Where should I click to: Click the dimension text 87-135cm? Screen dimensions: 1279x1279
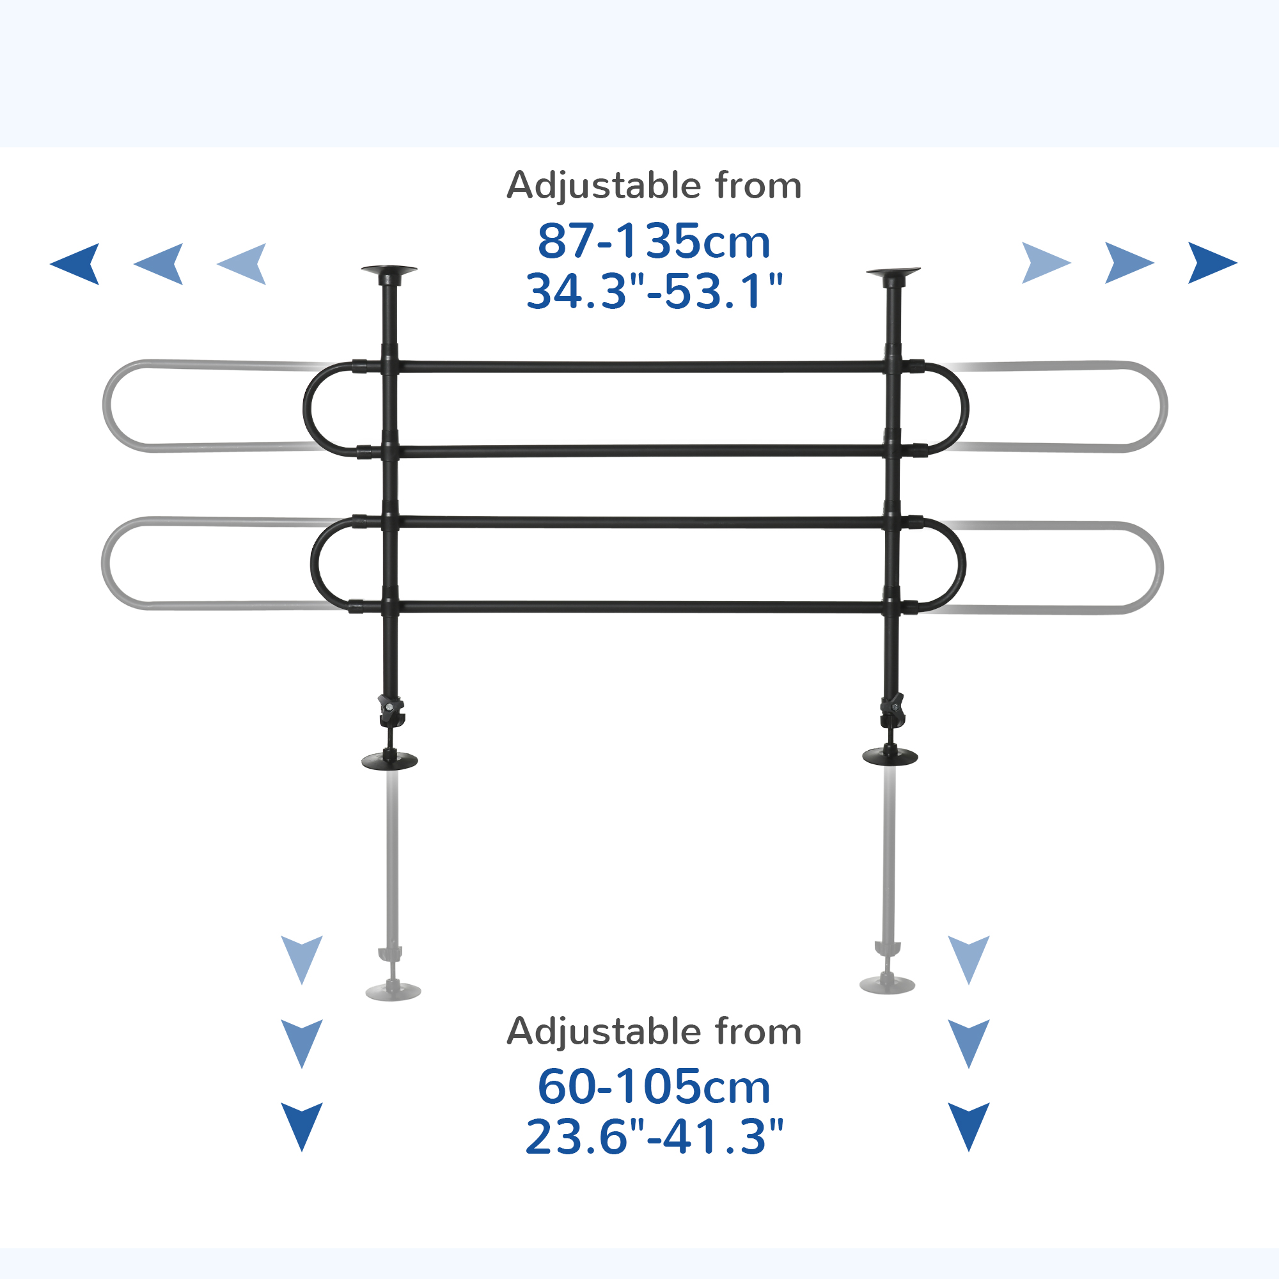pyautogui.click(x=654, y=241)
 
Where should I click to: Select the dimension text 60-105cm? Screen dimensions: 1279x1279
pyautogui.click(x=654, y=1087)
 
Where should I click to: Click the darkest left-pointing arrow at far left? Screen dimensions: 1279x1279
pyautogui.click(x=75, y=264)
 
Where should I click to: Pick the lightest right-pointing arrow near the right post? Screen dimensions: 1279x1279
pyautogui.click(x=1047, y=263)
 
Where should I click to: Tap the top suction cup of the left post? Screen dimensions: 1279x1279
pyautogui.click(x=389, y=271)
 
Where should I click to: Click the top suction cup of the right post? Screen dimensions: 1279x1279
pyautogui.click(x=893, y=272)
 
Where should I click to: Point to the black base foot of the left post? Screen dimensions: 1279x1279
pyautogui.click(x=390, y=760)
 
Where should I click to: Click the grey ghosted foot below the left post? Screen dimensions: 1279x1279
pyautogui.click(x=393, y=991)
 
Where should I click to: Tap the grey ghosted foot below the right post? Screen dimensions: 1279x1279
pyautogui.click(x=887, y=984)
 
